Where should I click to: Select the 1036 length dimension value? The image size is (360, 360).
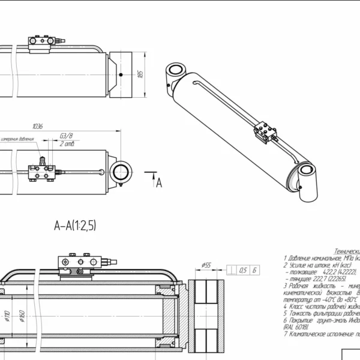38,127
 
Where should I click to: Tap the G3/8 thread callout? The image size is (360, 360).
67,136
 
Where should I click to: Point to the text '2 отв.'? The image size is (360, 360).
67,145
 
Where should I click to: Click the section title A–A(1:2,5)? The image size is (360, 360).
75,226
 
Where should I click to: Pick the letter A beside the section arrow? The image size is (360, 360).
159,183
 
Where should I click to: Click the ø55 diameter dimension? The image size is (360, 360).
206,265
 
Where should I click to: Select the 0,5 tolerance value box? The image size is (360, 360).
243,271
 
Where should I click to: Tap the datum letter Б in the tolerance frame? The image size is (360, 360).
255,271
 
